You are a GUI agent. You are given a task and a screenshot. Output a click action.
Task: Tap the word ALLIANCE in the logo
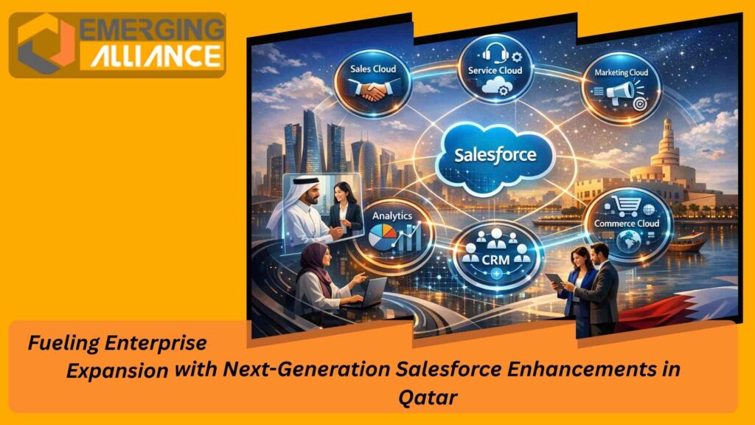tap(156, 56)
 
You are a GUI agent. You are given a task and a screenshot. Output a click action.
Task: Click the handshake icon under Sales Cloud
tap(374, 94)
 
